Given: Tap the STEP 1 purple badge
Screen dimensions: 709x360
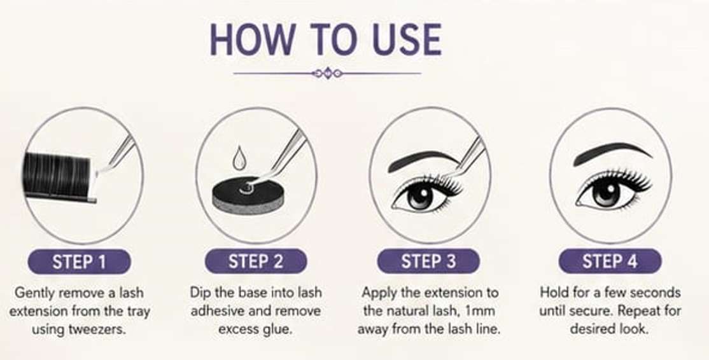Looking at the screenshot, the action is (x=80, y=261).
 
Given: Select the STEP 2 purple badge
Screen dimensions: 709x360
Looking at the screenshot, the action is (x=256, y=261).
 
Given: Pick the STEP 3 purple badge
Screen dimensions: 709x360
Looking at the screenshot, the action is (x=429, y=261).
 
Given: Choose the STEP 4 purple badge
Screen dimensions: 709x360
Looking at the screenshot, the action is (x=610, y=261).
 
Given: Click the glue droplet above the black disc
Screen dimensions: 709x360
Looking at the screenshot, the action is (x=238, y=158).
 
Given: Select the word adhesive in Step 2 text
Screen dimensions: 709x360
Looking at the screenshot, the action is (x=222, y=311).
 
